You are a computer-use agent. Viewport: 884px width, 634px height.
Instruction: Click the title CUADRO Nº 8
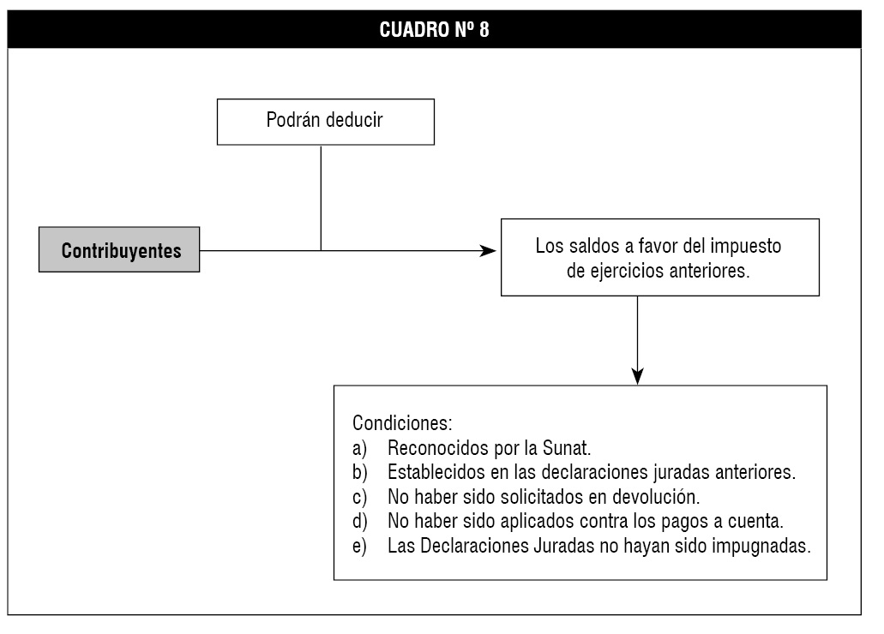[x=434, y=29]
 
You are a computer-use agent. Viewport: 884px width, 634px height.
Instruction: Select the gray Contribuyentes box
[x=119, y=249]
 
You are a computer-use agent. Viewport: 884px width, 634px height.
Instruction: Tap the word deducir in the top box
[x=355, y=119]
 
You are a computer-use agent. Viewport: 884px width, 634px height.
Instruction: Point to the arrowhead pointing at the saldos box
[x=488, y=251]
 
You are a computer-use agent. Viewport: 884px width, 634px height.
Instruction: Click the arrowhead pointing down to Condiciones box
[x=638, y=376]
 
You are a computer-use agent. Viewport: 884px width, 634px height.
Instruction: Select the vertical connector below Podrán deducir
[x=321, y=198]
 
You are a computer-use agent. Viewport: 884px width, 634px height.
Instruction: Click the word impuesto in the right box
[x=745, y=246]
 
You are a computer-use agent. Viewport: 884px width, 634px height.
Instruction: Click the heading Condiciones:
[x=402, y=422]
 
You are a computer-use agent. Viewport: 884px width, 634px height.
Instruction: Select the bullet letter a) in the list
[x=360, y=449]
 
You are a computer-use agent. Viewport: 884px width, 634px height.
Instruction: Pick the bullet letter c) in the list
[x=360, y=498]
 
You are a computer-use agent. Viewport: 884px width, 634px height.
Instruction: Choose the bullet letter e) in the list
[x=360, y=546]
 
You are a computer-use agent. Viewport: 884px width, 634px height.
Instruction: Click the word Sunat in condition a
[x=566, y=448]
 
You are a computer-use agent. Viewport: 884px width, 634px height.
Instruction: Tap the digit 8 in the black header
[x=484, y=29]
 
